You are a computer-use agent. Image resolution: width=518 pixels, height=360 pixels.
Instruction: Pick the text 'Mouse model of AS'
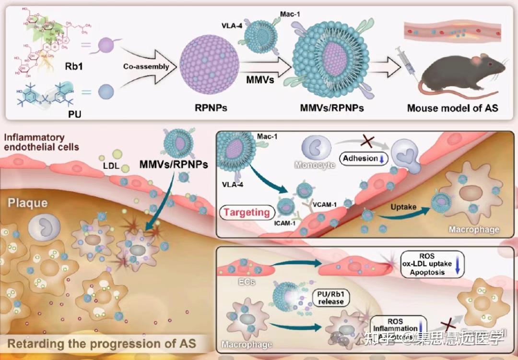click(x=452, y=108)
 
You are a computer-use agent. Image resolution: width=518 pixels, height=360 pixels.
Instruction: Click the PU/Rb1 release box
click(x=331, y=298)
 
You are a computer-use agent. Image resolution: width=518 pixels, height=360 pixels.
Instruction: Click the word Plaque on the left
click(x=27, y=203)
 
